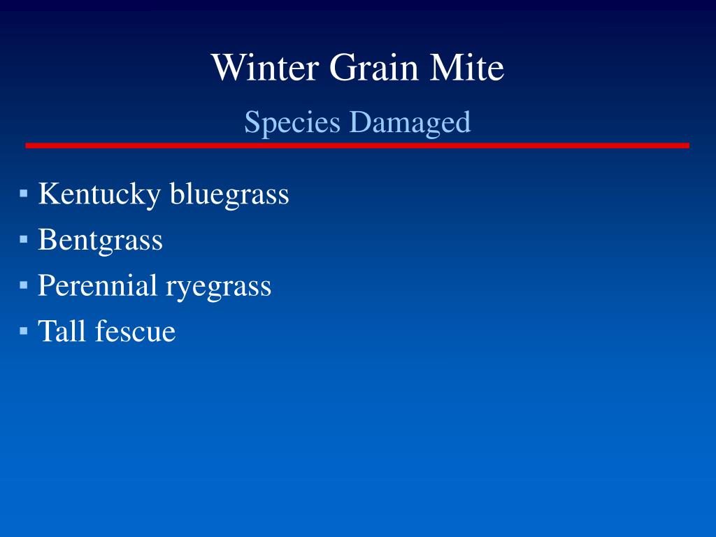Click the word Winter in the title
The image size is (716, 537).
pyautogui.click(x=265, y=67)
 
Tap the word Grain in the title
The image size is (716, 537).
pyautogui.click(x=373, y=67)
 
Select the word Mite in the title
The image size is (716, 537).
pyautogui.click(x=466, y=67)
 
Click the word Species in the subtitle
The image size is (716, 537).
pyautogui.click(x=292, y=122)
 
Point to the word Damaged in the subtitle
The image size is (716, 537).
pyautogui.click(x=410, y=122)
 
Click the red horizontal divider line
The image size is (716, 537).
pyautogui.click(x=357, y=145)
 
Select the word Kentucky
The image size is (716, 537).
pyautogui.click(x=99, y=194)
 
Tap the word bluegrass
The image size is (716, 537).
pyautogui.click(x=229, y=194)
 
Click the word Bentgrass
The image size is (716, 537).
pyautogui.click(x=100, y=241)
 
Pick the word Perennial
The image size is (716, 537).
pyautogui.click(x=97, y=285)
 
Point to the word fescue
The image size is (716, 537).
pyautogui.click(x=135, y=331)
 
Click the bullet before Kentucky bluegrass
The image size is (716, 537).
pyautogui.click(x=24, y=193)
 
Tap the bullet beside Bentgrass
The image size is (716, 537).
pyautogui.click(x=24, y=239)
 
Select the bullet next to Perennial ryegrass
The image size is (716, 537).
pyautogui.click(x=24, y=285)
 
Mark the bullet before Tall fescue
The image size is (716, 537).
pyautogui.click(x=24, y=331)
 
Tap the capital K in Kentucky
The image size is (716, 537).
pyautogui.click(x=50, y=193)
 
